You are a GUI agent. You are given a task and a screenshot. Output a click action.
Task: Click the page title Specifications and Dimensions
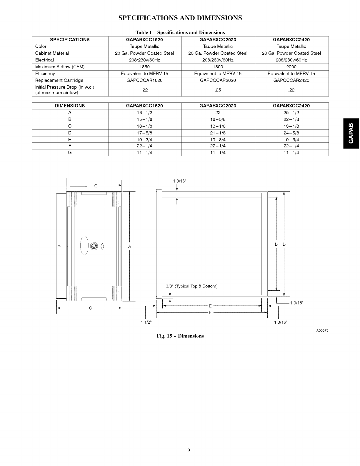180,18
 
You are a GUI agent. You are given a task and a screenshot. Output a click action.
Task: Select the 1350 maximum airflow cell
144,67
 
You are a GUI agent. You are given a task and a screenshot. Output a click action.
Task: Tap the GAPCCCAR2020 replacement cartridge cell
218,80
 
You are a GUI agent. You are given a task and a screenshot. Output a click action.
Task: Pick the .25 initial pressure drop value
218,90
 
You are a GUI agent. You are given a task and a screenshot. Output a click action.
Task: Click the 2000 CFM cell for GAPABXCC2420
291,67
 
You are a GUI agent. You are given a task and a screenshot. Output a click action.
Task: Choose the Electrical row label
44,60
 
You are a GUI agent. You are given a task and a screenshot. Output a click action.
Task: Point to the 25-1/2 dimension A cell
291,113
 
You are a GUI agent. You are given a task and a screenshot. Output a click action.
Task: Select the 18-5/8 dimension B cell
218,119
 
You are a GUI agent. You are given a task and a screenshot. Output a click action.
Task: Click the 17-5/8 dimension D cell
144,133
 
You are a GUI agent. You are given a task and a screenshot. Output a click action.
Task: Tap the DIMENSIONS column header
70,106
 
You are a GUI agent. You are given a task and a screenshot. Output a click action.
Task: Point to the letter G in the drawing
96,186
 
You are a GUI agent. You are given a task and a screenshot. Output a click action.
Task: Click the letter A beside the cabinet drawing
130,246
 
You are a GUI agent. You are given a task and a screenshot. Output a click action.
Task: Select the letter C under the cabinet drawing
91,308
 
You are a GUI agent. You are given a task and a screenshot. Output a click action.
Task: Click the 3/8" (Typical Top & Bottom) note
191,286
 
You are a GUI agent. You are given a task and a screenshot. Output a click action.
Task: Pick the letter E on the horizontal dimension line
210,306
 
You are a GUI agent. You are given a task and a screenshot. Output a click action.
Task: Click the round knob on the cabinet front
94,246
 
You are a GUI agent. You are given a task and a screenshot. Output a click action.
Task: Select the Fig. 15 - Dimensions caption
180,336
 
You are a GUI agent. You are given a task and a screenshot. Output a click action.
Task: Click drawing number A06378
322,330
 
